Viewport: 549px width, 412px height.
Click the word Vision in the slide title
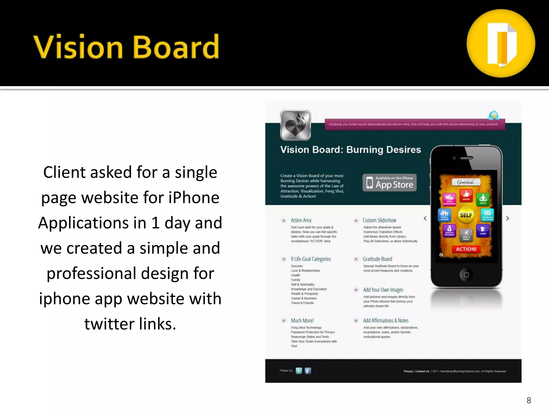(78, 47)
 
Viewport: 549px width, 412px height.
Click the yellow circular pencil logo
(501, 43)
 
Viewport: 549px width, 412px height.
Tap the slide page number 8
(529, 400)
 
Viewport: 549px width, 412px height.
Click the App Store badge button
(390, 183)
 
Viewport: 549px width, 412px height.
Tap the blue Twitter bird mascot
(494, 115)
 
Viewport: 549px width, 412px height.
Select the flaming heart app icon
(295, 125)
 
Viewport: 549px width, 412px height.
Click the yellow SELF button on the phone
(466, 215)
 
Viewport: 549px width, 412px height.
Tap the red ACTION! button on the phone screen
(466, 249)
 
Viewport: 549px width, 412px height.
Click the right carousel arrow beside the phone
(507, 218)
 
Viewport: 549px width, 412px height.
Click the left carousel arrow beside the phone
(425, 218)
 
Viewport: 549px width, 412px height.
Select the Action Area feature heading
(301, 220)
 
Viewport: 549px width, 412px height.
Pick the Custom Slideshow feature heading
(379, 220)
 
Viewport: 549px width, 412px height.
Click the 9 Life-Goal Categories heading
(311, 259)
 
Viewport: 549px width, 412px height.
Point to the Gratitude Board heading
(377, 259)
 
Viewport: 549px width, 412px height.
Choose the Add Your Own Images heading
(383, 290)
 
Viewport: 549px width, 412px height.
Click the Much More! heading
(302, 321)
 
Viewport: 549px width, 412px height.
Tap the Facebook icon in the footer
(308, 371)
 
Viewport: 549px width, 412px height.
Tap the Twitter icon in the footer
(299, 371)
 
